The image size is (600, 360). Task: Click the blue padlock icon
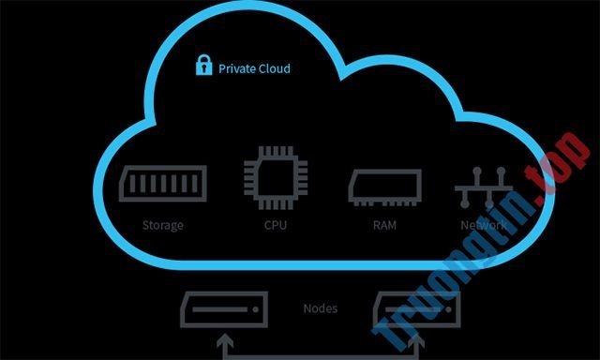(202, 66)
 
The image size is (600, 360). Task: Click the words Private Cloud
(254, 68)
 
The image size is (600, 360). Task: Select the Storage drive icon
(162, 184)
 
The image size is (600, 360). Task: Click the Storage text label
(163, 226)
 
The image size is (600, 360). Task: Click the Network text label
(483, 226)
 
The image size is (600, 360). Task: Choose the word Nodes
(322, 308)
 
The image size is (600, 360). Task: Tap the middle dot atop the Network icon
(482, 175)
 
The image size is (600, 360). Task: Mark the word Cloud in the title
(275, 68)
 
